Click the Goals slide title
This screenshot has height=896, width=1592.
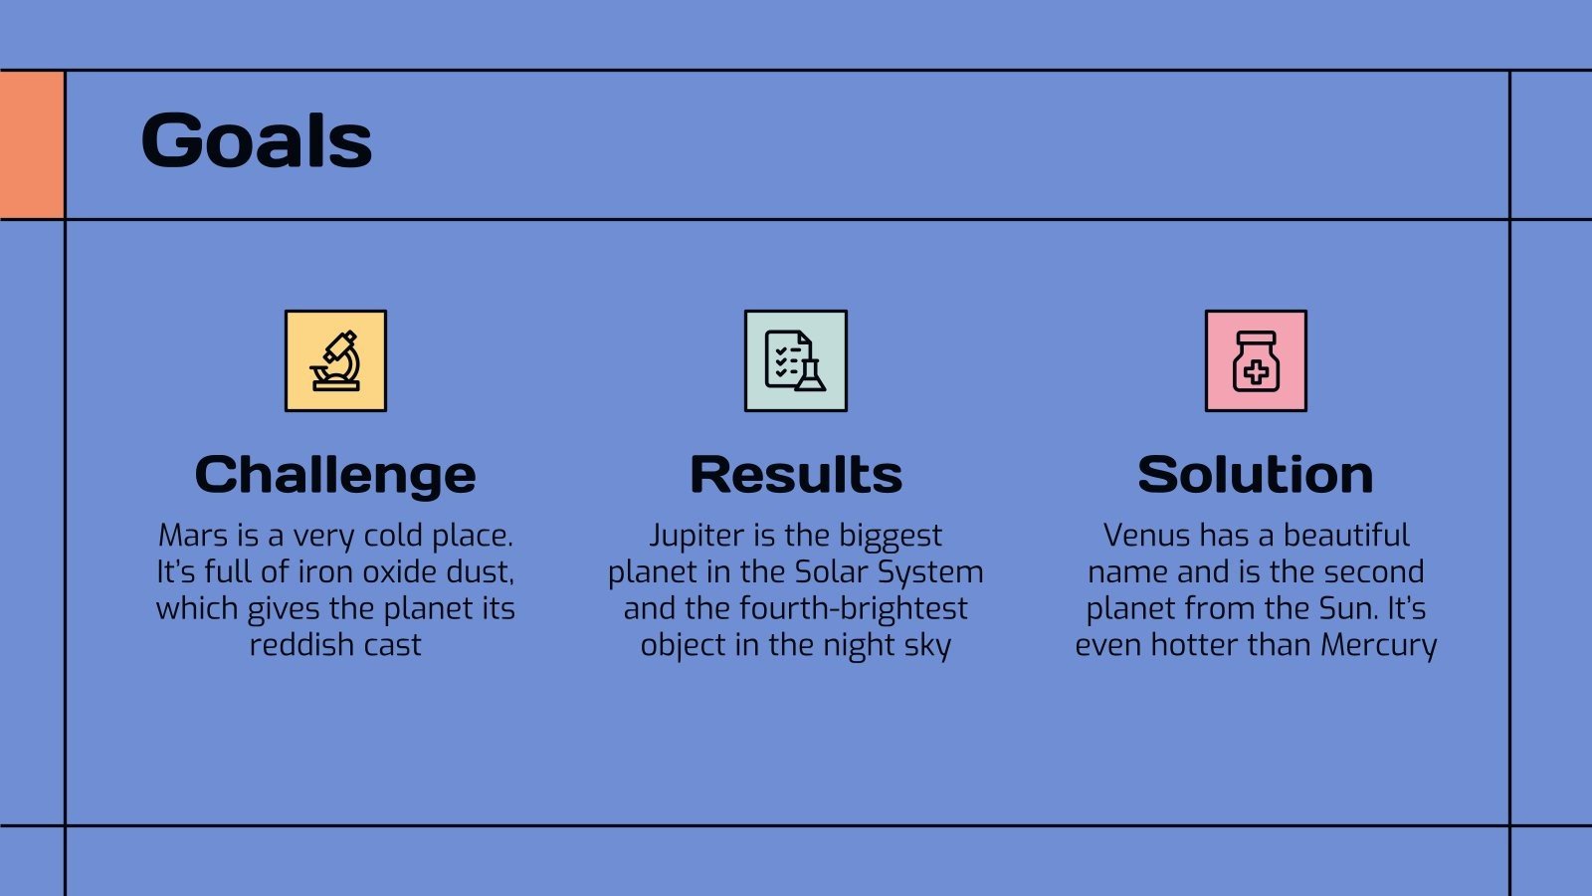(x=257, y=140)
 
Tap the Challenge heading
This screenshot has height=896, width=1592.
(x=335, y=476)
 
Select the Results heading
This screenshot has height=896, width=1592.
(x=796, y=474)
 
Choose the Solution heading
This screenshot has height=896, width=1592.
(x=1256, y=474)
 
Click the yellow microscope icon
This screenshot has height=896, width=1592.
(x=335, y=360)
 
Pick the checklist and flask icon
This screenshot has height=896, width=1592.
(x=796, y=360)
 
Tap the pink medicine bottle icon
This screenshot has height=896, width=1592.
(x=1256, y=360)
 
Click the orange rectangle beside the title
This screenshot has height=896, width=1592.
(x=32, y=145)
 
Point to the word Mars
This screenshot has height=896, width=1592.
(x=193, y=536)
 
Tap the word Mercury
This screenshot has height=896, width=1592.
(x=1379, y=646)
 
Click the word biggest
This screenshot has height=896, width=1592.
(x=890, y=537)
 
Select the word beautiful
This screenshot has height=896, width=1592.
(x=1346, y=536)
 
